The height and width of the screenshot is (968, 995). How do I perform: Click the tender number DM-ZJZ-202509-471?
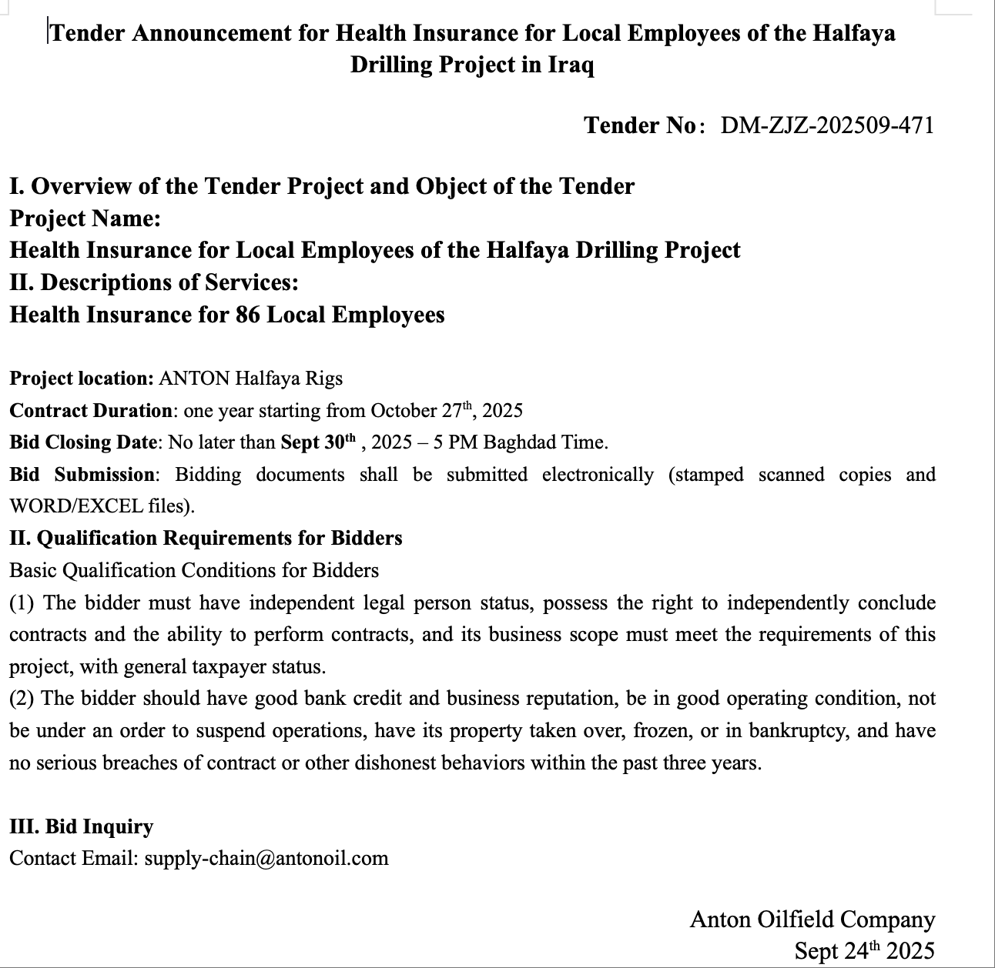click(827, 125)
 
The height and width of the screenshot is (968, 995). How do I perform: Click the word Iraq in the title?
click(570, 65)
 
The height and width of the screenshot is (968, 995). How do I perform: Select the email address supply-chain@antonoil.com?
click(266, 858)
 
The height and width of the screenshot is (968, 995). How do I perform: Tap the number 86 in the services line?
click(246, 315)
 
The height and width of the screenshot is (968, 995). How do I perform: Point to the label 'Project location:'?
click(82, 379)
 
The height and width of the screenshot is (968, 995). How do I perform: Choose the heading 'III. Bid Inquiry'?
click(82, 826)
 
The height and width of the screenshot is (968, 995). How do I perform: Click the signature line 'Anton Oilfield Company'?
click(812, 920)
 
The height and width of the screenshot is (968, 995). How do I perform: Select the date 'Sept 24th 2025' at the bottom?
click(864, 951)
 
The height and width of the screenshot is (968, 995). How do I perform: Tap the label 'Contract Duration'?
click(90, 410)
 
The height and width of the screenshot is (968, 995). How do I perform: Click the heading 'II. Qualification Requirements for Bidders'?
click(206, 538)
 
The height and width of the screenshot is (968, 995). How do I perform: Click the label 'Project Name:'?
click(85, 219)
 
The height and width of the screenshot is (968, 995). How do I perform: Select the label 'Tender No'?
click(639, 125)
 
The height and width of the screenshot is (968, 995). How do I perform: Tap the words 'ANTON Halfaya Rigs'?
click(250, 379)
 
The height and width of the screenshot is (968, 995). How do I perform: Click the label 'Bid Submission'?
click(82, 475)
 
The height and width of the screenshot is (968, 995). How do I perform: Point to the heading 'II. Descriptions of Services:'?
click(154, 282)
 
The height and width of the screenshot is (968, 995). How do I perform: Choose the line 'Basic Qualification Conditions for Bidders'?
click(194, 570)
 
